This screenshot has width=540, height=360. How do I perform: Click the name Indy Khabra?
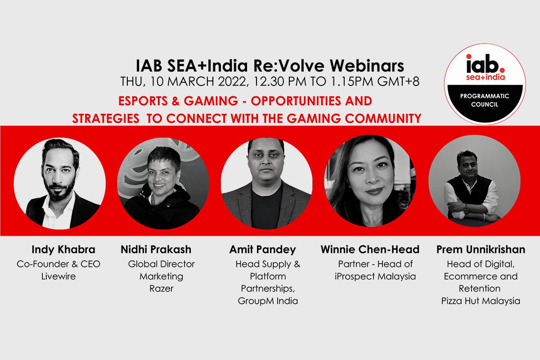coord(63,250)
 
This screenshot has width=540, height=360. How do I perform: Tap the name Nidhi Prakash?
coord(156,250)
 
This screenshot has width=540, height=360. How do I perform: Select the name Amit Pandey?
coord(262,250)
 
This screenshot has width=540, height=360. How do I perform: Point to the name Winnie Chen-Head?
coord(370,250)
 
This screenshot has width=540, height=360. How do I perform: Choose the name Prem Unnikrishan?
coord(481,250)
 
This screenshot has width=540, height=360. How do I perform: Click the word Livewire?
coord(58,276)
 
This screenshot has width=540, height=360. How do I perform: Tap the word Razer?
coord(161,288)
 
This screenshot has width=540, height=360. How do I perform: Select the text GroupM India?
coord(268,301)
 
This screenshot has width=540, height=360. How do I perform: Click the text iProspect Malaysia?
coord(375,277)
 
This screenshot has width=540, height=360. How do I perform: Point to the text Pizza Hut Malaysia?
coord(481,301)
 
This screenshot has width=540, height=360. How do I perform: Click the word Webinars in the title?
coord(367,66)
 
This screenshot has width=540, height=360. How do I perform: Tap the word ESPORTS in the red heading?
coord(143,101)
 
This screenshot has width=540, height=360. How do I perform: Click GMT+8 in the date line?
coord(398,81)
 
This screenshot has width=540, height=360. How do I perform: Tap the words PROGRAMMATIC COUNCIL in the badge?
coord(485,100)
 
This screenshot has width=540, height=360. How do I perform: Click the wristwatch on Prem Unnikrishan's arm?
coord(466,209)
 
